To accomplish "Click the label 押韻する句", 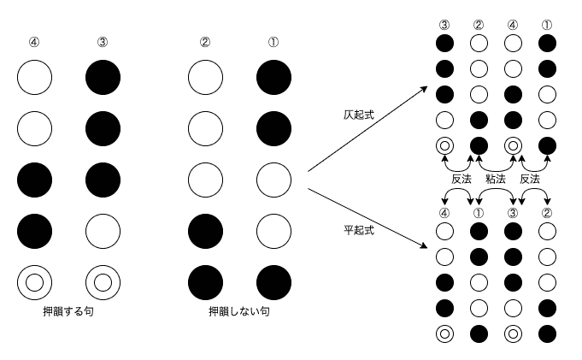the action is tap(68, 311).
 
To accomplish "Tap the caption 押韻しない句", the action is tap(239, 311).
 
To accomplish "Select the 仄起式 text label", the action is tap(359, 115).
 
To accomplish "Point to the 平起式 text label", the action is tap(359, 230).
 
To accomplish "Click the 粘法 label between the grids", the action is tap(496, 179).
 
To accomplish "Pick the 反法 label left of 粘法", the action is tap(461, 179).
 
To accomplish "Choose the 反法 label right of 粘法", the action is tap(530, 179).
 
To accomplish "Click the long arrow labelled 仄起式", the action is tap(367, 129).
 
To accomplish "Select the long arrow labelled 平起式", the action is tap(367, 218).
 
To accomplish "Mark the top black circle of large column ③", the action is tap(103, 77).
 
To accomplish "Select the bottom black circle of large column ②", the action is tap(206, 282).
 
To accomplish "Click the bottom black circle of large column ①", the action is tap(274, 282).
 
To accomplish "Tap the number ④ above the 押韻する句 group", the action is tap(34, 43).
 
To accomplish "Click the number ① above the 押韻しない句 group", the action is tap(273, 43).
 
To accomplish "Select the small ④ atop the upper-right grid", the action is tap(513, 25).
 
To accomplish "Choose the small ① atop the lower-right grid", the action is tap(479, 213).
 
